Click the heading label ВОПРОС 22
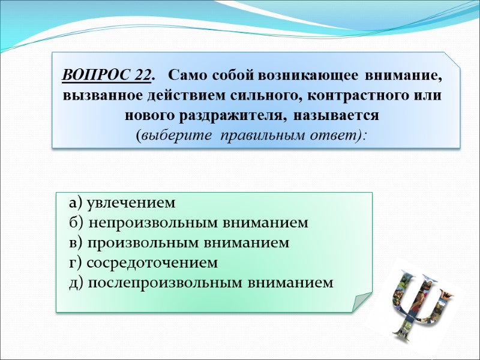[106, 76]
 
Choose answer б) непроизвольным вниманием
[188, 223]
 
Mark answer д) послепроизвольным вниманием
[200, 282]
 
